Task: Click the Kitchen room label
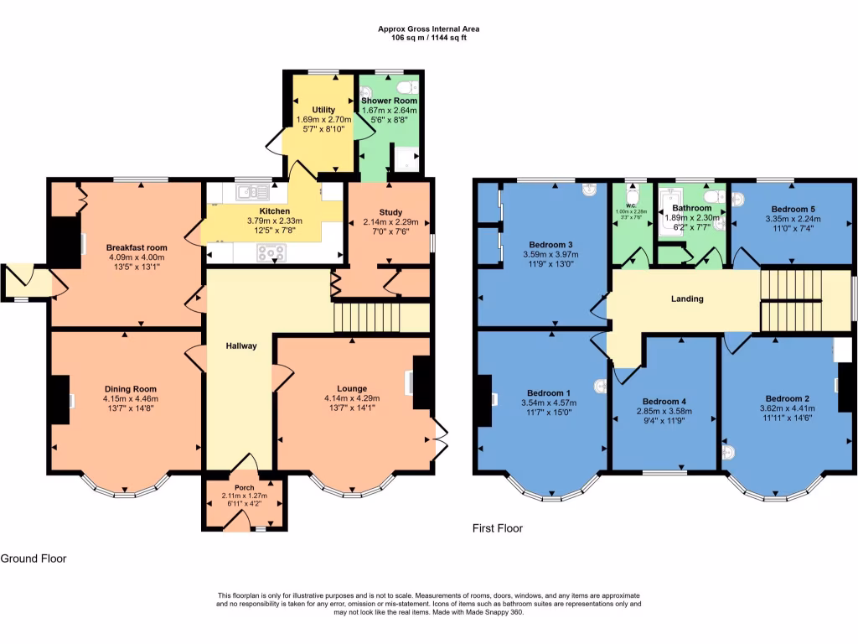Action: tap(274, 210)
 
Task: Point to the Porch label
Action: tap(244, 487)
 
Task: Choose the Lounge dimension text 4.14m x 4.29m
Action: tap(352, 398)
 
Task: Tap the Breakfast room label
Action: tap(136, 247)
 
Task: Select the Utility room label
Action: tap(323, 110)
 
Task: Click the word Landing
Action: tap(687, 299)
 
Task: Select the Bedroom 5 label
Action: tap(793, 209)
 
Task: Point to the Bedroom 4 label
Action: tap(664, 401)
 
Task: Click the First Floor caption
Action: tap(498, 528)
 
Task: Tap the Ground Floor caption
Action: tap(34, 558)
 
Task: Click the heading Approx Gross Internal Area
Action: tap(429, 29)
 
